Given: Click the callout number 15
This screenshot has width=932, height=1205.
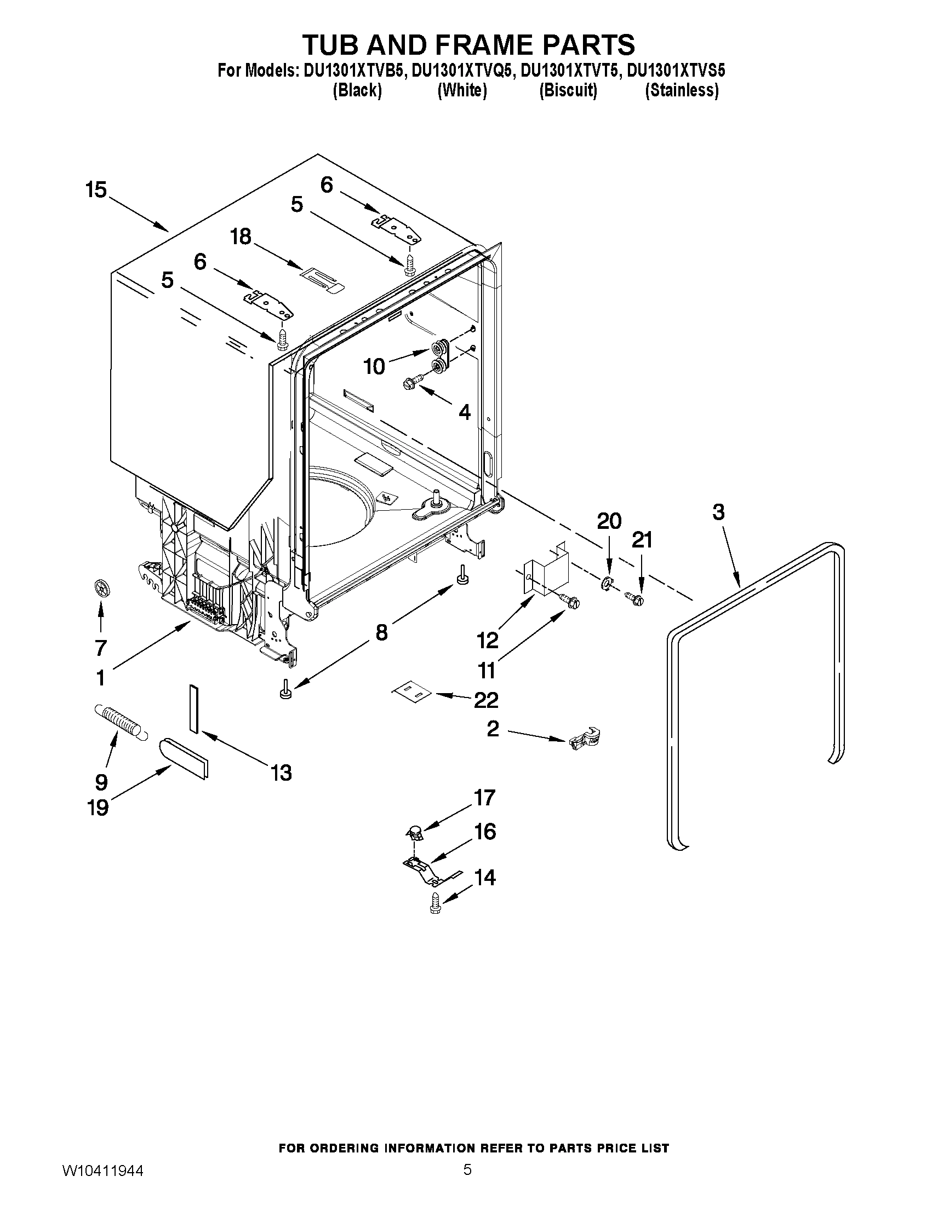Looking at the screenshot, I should click(96, 191).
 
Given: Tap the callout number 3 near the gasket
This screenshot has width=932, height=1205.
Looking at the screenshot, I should click(718, 512).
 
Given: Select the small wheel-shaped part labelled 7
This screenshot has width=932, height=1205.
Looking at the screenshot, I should click(100, 589).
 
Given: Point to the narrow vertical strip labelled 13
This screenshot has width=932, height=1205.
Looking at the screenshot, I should click(193, 708).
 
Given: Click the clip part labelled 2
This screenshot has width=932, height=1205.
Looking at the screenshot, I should click(584, 738).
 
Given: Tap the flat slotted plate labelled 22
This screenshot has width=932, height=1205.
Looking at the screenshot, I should click(411, 691).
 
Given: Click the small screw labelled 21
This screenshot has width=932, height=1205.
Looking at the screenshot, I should click(633, 597).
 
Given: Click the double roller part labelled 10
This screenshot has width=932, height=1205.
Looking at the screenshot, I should click(440, 356).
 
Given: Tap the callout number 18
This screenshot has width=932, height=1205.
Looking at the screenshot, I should click(241, 237).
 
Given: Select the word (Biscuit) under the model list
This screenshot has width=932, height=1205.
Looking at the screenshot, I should click(568, 90).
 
